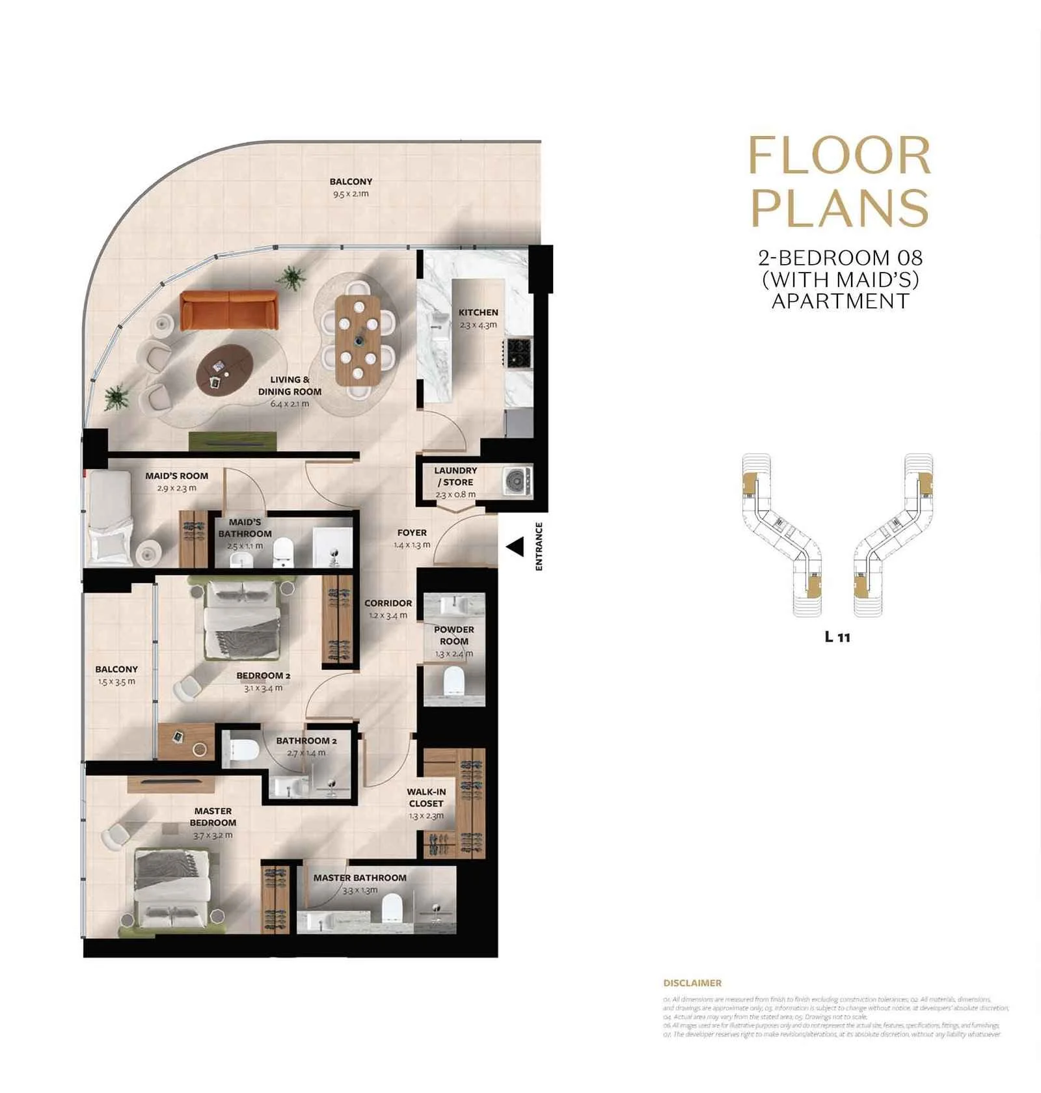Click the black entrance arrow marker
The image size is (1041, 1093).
pos(515,547)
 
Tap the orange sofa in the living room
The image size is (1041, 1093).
pos(228,309)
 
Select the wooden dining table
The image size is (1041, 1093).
pos(358,340)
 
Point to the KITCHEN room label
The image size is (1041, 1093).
pos(478,312)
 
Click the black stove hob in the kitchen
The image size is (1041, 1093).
pos(519,352)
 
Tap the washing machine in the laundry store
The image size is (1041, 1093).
pos(517,481)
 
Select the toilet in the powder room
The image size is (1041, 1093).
pos(453,681)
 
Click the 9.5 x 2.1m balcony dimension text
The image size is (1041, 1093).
pos(351,194)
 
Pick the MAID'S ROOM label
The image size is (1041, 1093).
pos(176,476)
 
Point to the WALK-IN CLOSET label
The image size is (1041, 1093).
pos(426,798)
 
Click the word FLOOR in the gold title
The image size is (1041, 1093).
pos(839,155)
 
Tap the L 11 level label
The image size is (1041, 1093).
pos(837,637)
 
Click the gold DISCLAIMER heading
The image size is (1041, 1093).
pos(692,983)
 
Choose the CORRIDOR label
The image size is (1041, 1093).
pos(388,603)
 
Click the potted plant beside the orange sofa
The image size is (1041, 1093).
pos(291,277)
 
